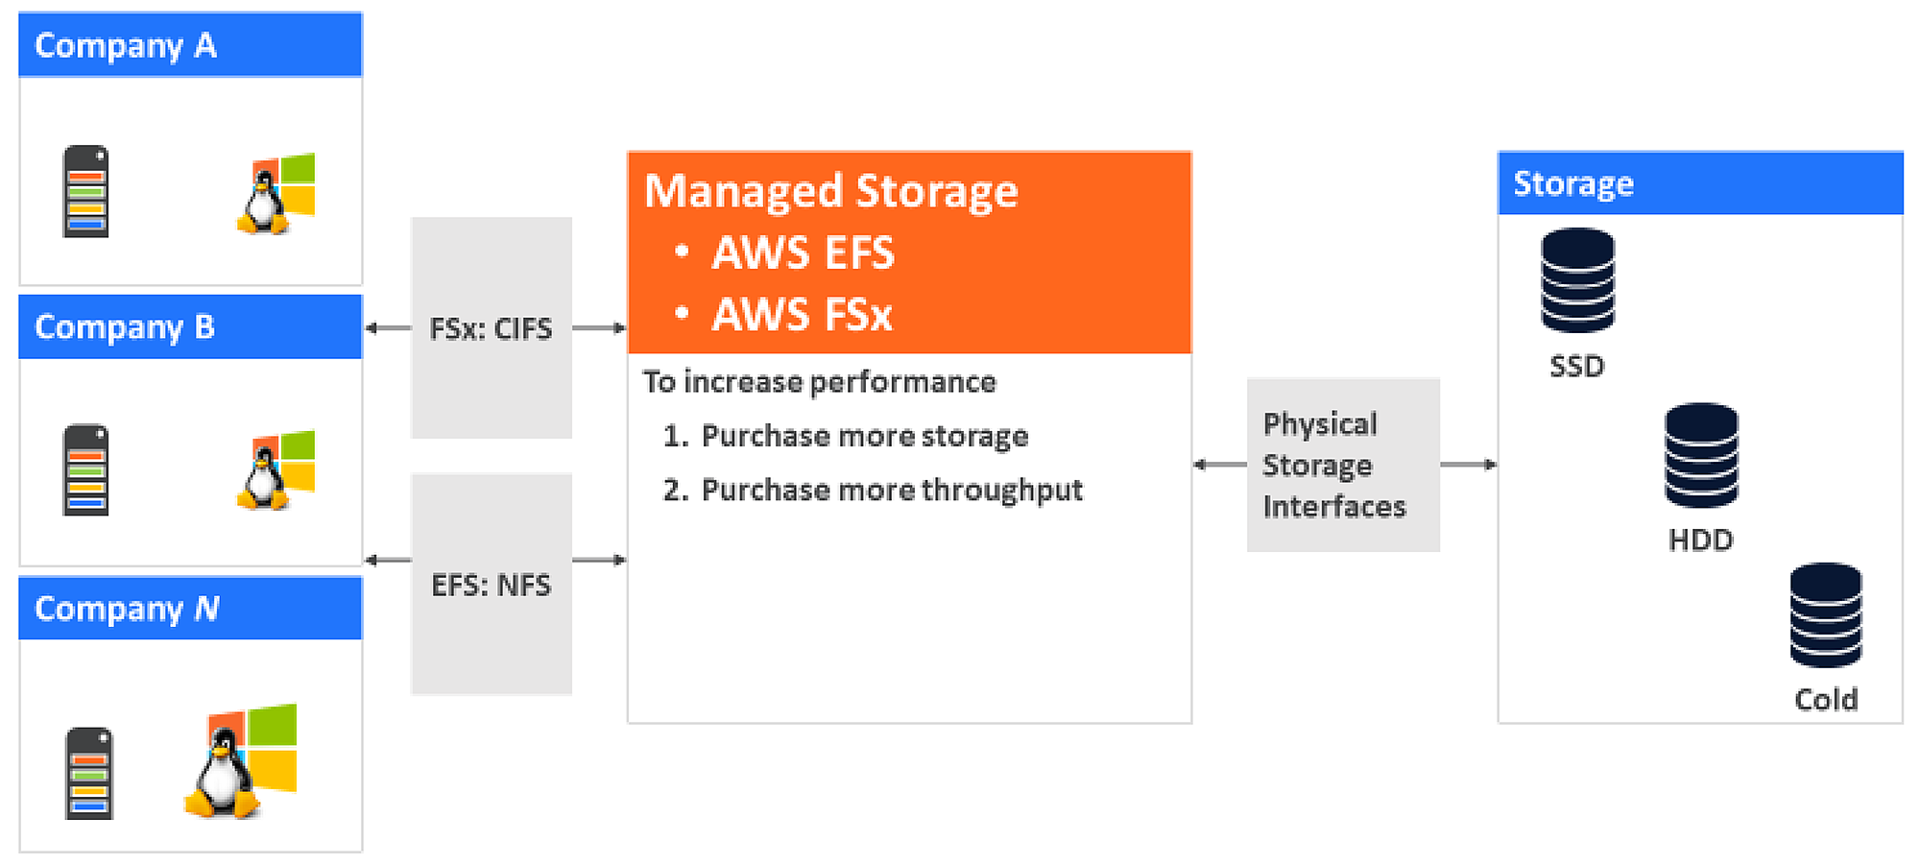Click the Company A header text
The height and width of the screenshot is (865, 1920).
(126, 45)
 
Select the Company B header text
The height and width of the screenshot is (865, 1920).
(125, 327)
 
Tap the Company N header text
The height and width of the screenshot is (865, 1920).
(127, 609)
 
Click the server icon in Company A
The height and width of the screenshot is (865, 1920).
(85, 191)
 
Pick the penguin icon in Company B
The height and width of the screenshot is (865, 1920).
(261, 481)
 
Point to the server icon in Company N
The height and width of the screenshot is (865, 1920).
(89, 774)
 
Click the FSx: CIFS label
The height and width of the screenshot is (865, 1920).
(491, 329)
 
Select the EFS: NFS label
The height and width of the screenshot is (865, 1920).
(491, 585)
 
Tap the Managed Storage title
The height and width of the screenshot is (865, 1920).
(830, 190)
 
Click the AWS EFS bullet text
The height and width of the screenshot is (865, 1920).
(803, 253)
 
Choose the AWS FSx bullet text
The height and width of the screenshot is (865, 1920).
(802, 315)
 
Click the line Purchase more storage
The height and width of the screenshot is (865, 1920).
(864, 436)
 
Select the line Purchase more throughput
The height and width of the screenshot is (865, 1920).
(891, 491)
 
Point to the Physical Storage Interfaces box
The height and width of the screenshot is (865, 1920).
(1342, 465)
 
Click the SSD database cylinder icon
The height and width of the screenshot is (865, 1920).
(1577, 280)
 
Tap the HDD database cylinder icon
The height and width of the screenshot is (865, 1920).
(1701, 455)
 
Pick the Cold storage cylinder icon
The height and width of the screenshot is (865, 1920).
(1825, 615)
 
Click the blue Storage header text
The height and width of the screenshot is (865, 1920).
(1572, 183)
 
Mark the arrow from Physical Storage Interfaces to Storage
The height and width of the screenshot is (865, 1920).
(1469, 465)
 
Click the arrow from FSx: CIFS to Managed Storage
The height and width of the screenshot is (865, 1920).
(599, 328)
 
